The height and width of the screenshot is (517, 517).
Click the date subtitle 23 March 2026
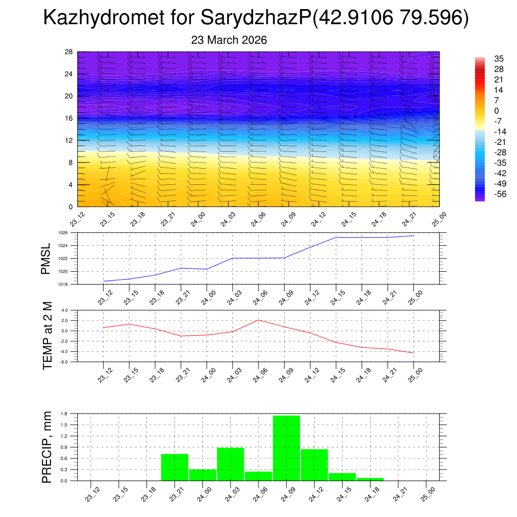tap(229, 40)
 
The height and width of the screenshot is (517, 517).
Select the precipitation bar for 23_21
tap(175, 467)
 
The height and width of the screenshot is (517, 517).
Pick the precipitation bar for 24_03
tap(230, 464)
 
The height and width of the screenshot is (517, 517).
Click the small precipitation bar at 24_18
tap(370, 479)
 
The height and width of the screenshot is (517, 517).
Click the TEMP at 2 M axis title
tap(47, 336)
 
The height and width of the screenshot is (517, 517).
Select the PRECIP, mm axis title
tap(47, 447)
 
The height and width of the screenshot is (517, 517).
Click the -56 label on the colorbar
tap(486, 193)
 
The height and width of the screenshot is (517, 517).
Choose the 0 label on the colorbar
tap(482, 111)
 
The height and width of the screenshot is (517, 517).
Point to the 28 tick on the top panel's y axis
tap(69, 52)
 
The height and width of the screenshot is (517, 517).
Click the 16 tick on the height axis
tap(69, 118)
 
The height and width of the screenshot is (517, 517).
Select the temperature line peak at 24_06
tap(258, 320)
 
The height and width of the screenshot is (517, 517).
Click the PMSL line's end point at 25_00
tap(413, 236)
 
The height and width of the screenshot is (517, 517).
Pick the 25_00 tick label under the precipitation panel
tap(428, 494)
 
